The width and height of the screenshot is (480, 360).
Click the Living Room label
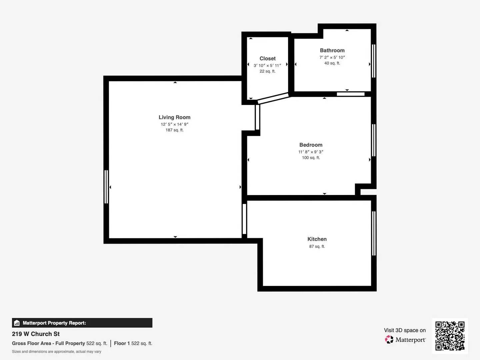174,117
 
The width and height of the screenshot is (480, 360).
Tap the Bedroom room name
311,145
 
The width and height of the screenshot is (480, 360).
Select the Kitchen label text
317,239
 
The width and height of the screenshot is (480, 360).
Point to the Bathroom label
332,51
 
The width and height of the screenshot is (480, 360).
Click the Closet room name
267,59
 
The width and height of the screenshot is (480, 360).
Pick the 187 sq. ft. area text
174,130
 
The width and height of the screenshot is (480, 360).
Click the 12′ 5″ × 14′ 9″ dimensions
174,124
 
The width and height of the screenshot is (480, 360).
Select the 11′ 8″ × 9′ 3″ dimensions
311,152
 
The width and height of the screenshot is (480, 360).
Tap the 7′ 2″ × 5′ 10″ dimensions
332,57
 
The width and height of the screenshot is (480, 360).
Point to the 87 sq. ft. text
317,247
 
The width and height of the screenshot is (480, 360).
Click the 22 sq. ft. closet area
267,71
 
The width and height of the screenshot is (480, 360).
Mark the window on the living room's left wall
106,187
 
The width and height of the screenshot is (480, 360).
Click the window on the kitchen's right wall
374,233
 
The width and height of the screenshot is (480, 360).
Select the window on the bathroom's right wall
374,61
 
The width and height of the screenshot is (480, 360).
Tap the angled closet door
273,98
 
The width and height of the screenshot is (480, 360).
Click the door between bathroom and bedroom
350,94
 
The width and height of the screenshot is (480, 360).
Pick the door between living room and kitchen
244,219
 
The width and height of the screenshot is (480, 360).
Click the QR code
450,336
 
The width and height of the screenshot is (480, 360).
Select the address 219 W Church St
36,334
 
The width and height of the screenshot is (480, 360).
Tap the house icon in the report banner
17,323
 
